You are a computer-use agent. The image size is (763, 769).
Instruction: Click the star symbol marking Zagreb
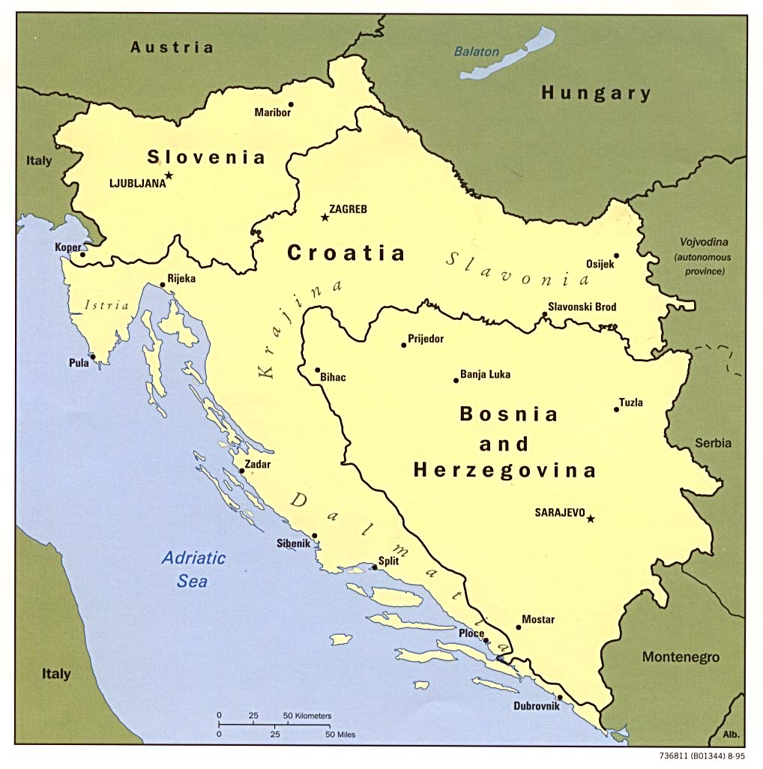click(x=325, y=217)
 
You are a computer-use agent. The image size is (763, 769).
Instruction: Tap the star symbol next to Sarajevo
click(x=591, y=519)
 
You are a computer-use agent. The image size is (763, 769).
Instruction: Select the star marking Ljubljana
click(x=169, y=175)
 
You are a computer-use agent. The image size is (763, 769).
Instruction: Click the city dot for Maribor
click(x=291, y=104)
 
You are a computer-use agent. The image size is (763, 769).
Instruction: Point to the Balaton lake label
click(x=476, y=52)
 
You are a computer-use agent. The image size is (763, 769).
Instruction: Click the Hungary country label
click(x=596, y=93)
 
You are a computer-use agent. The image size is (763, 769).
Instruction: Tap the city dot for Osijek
click(x=616, y=255)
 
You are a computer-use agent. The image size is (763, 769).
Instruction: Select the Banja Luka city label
click(x=485, y=374)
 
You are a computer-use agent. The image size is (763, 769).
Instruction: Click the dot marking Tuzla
click(x=617, y=409)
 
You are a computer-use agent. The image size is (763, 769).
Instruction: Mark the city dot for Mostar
click(x=518, y=627)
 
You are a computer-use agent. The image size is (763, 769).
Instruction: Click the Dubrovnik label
click(x=536, y=706)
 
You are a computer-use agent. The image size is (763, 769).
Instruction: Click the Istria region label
click(x=107, y=305)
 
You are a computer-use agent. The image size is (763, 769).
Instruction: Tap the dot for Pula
click(x=93, y=357)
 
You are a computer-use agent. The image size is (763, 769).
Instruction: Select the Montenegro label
click(x=681, y=657)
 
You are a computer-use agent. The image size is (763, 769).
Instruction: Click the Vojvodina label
click(x=704, y=242)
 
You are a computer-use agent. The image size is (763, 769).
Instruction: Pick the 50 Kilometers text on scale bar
click(x=307, y=716)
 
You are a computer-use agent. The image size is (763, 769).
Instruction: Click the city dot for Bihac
click(x=318, y=370)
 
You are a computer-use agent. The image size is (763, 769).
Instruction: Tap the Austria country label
click(x=172, y=47)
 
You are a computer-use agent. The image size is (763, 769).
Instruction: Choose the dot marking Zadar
click(x=242, y=471)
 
